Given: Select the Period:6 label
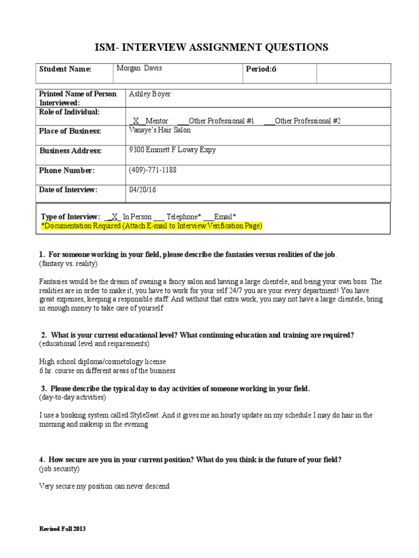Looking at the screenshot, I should point(261,69).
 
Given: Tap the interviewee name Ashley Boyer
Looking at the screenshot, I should point(149,94).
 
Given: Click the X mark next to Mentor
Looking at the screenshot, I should point(136,120).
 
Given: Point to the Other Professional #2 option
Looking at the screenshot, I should point(308,120).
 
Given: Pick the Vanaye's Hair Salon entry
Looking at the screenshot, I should point(160,130).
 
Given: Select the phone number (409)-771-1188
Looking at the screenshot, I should point(152,170).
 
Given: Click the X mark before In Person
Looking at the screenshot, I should point(114,216).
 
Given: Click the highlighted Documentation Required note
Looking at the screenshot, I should point(152,226).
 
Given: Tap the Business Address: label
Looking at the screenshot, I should point(70,151).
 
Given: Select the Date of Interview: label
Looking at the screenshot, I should point(68,190).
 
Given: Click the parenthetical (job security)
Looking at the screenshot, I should point(59,469).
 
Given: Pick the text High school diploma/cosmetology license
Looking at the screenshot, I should point(103,361).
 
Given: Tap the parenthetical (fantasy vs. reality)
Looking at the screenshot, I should point(68,264).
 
